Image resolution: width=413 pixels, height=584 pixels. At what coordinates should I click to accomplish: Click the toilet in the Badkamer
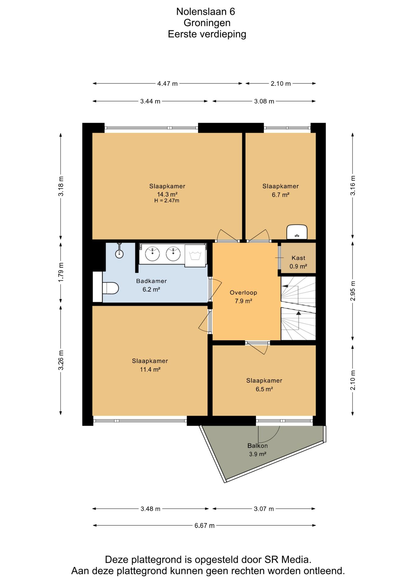click(x=110, y=288)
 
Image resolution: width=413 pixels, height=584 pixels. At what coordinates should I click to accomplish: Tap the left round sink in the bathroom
click(x=152, y=254)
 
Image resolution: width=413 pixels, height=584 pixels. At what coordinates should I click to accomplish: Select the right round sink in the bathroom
click(x=173, y=254)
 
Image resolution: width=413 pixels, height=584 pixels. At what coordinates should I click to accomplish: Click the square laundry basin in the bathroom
click(x=195, y=255)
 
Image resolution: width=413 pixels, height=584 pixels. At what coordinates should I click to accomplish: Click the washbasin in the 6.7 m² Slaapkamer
click(x=297, y=232)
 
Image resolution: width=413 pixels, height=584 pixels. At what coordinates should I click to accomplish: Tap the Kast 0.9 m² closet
click(x=298, y=258)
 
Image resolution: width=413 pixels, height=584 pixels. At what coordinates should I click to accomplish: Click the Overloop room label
click(x=243, y=293)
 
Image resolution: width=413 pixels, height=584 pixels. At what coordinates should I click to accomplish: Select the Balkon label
click(x=258, y=446)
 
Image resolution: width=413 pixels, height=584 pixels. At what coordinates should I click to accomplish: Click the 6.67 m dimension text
click(x=205, y=526)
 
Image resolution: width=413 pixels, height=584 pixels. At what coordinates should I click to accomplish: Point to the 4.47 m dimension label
click(x=168, y=83)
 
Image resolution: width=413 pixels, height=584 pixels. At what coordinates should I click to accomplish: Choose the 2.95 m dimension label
click(x=353, y=291)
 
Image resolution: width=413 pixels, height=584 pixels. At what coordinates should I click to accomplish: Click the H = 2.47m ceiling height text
click(x=167, y=200)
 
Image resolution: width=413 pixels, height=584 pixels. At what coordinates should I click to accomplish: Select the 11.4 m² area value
click(x=150, y=370)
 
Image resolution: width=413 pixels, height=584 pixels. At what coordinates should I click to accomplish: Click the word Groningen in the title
click(x=207, y=23)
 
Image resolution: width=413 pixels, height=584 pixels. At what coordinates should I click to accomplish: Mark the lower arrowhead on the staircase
click(x=299, y=313)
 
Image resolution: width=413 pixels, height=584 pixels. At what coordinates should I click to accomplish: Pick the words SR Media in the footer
click(x=287, y=559)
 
